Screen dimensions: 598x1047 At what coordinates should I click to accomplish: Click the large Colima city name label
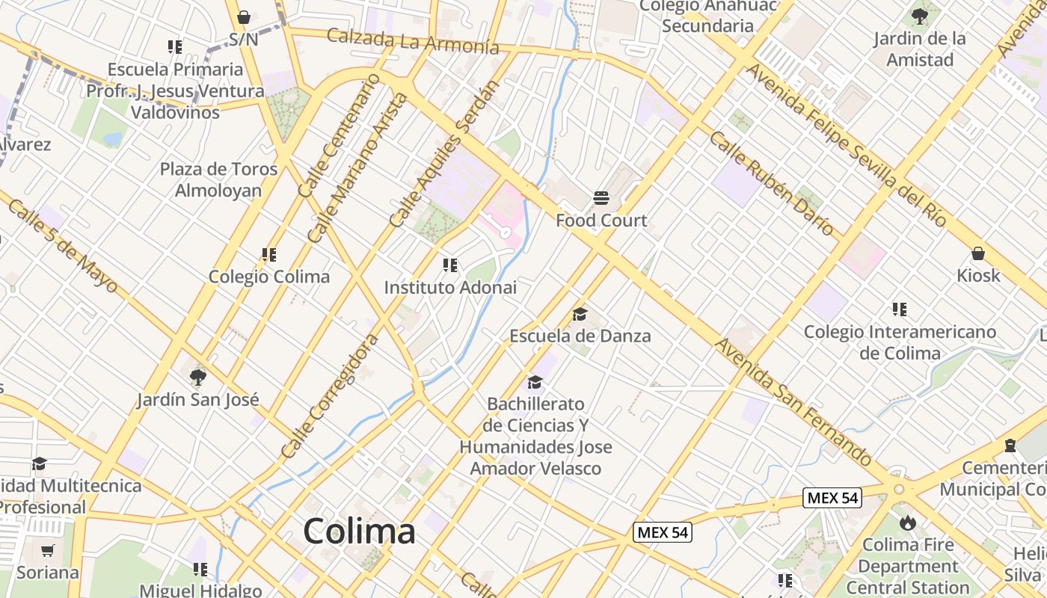coord(359,531)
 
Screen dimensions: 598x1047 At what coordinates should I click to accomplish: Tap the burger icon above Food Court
coord(601,198)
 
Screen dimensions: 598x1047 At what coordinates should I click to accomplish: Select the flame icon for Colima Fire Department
coord(908,522)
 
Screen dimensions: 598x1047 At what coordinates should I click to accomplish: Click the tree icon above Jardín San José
coord(197,377)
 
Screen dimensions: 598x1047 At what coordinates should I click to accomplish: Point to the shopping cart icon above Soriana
coord(48,551)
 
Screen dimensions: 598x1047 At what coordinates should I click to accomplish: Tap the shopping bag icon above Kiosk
coord(977,253)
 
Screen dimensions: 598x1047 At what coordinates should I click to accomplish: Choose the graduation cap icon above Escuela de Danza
coord(580,314)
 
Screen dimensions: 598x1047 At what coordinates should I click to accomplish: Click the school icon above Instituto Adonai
coord(449,265)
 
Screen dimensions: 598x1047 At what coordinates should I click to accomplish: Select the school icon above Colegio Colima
coord(269,255)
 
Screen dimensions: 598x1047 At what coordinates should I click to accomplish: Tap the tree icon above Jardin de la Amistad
coord(919,16)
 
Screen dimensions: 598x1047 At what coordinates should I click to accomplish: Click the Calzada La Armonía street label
coord(413,40)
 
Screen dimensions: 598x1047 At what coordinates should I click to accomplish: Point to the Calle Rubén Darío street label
coord(771,184)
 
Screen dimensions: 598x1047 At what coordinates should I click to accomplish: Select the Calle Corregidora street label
coord(330,397)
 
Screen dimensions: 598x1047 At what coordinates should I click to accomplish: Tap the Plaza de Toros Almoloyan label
coord(218,179)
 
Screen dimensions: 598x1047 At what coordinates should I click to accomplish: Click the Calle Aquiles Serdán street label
coord(443,155)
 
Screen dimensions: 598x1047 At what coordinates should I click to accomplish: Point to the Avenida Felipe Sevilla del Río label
coord(847,145)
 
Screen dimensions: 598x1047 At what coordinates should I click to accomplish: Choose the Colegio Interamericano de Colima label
coord(900,342)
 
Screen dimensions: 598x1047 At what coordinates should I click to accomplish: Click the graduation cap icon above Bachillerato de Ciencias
coord(535,383)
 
